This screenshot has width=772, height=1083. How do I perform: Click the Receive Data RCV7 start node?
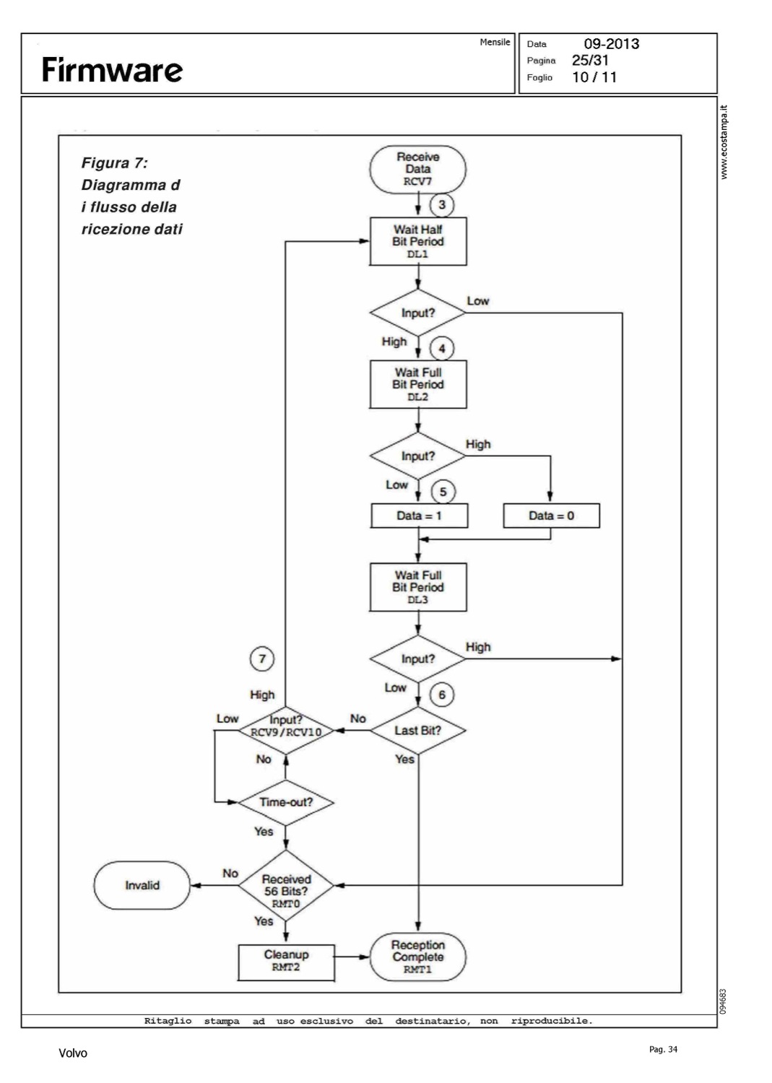(417, 170)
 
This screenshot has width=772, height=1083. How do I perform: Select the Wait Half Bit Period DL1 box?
(418, 241)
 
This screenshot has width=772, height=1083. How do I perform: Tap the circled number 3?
(442, 205)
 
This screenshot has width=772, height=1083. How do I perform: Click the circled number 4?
(442, 349)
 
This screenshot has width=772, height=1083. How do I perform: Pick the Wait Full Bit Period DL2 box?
(418, 384)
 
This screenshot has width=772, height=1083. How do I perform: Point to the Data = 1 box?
(419, 516)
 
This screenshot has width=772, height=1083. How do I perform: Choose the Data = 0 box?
(551, 516)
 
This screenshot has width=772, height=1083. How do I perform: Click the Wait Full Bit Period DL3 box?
(418, 587)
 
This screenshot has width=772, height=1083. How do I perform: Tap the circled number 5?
(443, 492)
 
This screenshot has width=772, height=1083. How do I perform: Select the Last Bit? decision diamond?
(418, 731)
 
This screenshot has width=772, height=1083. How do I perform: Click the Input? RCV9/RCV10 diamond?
(286, 726)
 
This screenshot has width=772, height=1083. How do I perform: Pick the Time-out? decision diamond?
(286, 802)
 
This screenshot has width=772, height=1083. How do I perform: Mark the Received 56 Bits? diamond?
(286, 885)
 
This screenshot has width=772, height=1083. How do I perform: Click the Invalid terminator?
(142, 885)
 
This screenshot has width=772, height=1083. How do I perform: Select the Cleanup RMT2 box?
(286, 961)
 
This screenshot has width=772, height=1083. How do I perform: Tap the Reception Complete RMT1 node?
(418, 957)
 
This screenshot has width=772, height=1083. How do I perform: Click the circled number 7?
(262, 658)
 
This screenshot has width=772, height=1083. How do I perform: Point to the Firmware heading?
(112, 70)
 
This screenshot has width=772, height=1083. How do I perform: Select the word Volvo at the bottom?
(72, 1053)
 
